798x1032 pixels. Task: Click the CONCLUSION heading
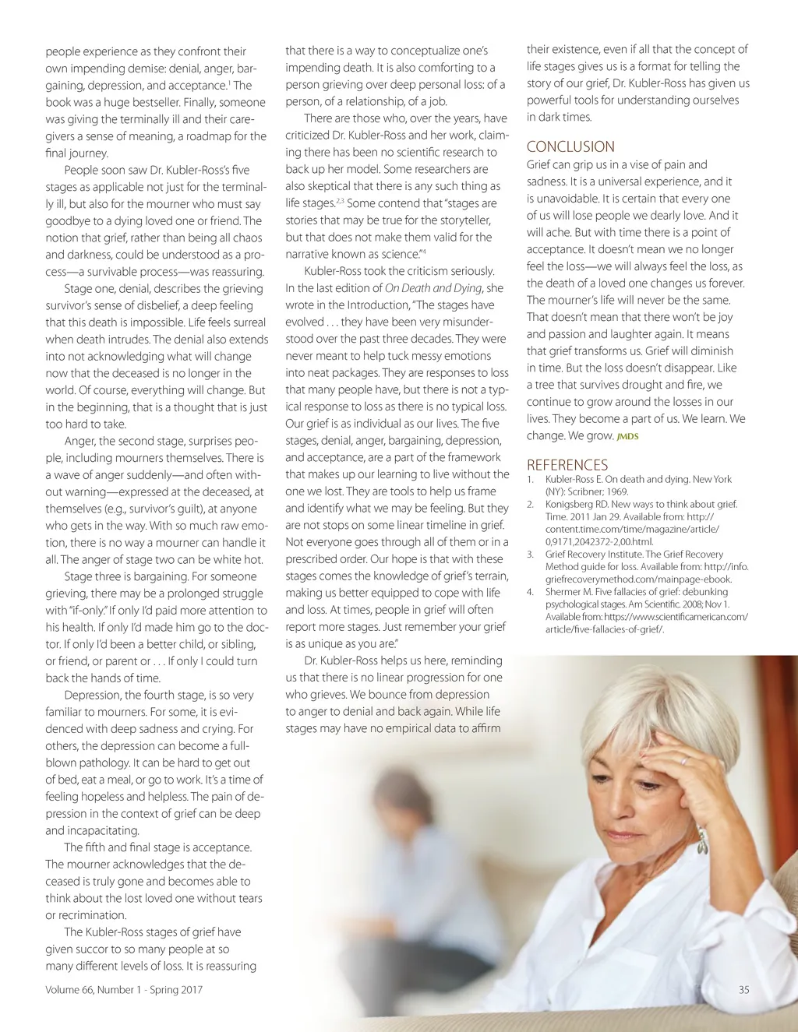pyautogui.click(x=570, y=146)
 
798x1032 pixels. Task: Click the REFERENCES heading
pyautogui.click(x=567, y=464)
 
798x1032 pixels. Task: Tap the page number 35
pyautogui.click(x=743, y=989)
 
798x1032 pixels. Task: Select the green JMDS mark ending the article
pyautogui.click(x=627, y=437)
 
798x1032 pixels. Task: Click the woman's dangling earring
pyautogui.click(x=702, y=840)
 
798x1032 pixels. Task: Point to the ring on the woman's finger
pyautogui.click(x=684, y=759)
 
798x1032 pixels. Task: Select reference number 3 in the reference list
pyautogui.click(x=530, y=555)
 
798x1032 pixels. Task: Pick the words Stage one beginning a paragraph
pyautogui.click(x=89, y=288)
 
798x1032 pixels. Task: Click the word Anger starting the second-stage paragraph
pyautogui.click(x=79, y=441)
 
